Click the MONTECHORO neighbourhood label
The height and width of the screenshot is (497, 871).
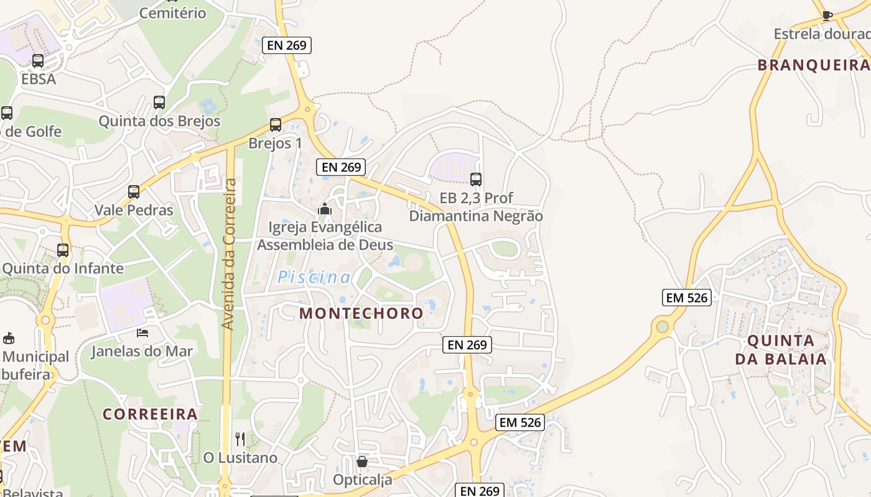point(361,313)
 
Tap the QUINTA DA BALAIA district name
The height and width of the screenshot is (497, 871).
point(781,350)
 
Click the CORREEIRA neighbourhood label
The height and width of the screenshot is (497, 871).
point(150,414)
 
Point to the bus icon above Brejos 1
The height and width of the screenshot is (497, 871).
point(276,125)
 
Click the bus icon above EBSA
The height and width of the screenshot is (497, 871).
point(38,61)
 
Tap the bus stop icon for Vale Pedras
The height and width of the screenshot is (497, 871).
point(134,192)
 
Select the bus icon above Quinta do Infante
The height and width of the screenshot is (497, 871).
point(63,250)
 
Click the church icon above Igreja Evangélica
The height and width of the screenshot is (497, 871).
point(325,209)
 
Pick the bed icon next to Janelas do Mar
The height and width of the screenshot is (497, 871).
point(142,333)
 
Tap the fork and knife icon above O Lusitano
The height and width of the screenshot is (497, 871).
point(240,439)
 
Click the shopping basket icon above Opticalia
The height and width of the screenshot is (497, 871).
point(362,462)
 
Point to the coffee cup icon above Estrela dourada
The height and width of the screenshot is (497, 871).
point(827,16)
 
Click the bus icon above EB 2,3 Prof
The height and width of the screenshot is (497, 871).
point(476,180)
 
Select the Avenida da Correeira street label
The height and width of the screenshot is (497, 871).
point(229,255)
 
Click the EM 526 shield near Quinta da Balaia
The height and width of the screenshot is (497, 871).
point(687,298)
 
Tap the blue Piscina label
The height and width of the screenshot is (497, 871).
point(314,278)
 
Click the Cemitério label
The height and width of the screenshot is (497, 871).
point(173,13)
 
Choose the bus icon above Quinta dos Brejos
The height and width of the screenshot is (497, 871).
point(159,103)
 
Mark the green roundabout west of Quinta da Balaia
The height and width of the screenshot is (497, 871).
point(662,327)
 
